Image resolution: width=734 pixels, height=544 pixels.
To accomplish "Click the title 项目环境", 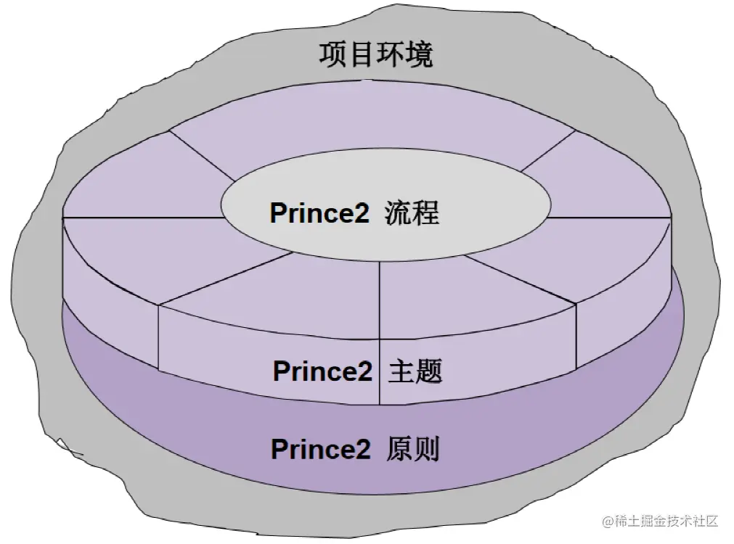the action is pyautogui.click(x=376, y=54).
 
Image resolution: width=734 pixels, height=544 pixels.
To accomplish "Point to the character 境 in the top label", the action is pyautogui.click(x=420, y=54).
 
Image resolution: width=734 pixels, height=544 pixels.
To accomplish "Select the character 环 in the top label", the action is pyautogui.click(x=391, y=54).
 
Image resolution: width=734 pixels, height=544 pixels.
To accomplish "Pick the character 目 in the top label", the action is pyautogui.click(x=362, y=54).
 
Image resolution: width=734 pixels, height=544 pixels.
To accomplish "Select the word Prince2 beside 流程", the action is pyautogui.click(x=319, y=214).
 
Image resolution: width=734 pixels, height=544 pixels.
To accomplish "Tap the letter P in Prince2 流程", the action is pyautogui.click(x=277, y=214).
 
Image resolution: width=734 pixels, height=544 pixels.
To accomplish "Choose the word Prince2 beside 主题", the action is pyautogui.click(x=322, y=371).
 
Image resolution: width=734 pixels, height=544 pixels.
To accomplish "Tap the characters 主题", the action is pyautogui.click(x=415, y=371).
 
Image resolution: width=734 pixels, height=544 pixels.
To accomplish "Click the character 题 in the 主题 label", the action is pyautogui.click(x=429, y=371).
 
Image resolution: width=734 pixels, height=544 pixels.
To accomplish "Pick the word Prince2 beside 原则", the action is pyautogui.click(x=321, y=450).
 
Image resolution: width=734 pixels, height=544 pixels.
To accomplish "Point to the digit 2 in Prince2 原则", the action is pyautogui.click(x=363, y=450).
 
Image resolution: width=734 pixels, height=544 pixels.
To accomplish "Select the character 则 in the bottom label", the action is pyautogui.click(x=427, y=450).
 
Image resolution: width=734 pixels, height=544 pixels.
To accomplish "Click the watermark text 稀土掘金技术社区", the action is pyautogui.click(x=666, y=521).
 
